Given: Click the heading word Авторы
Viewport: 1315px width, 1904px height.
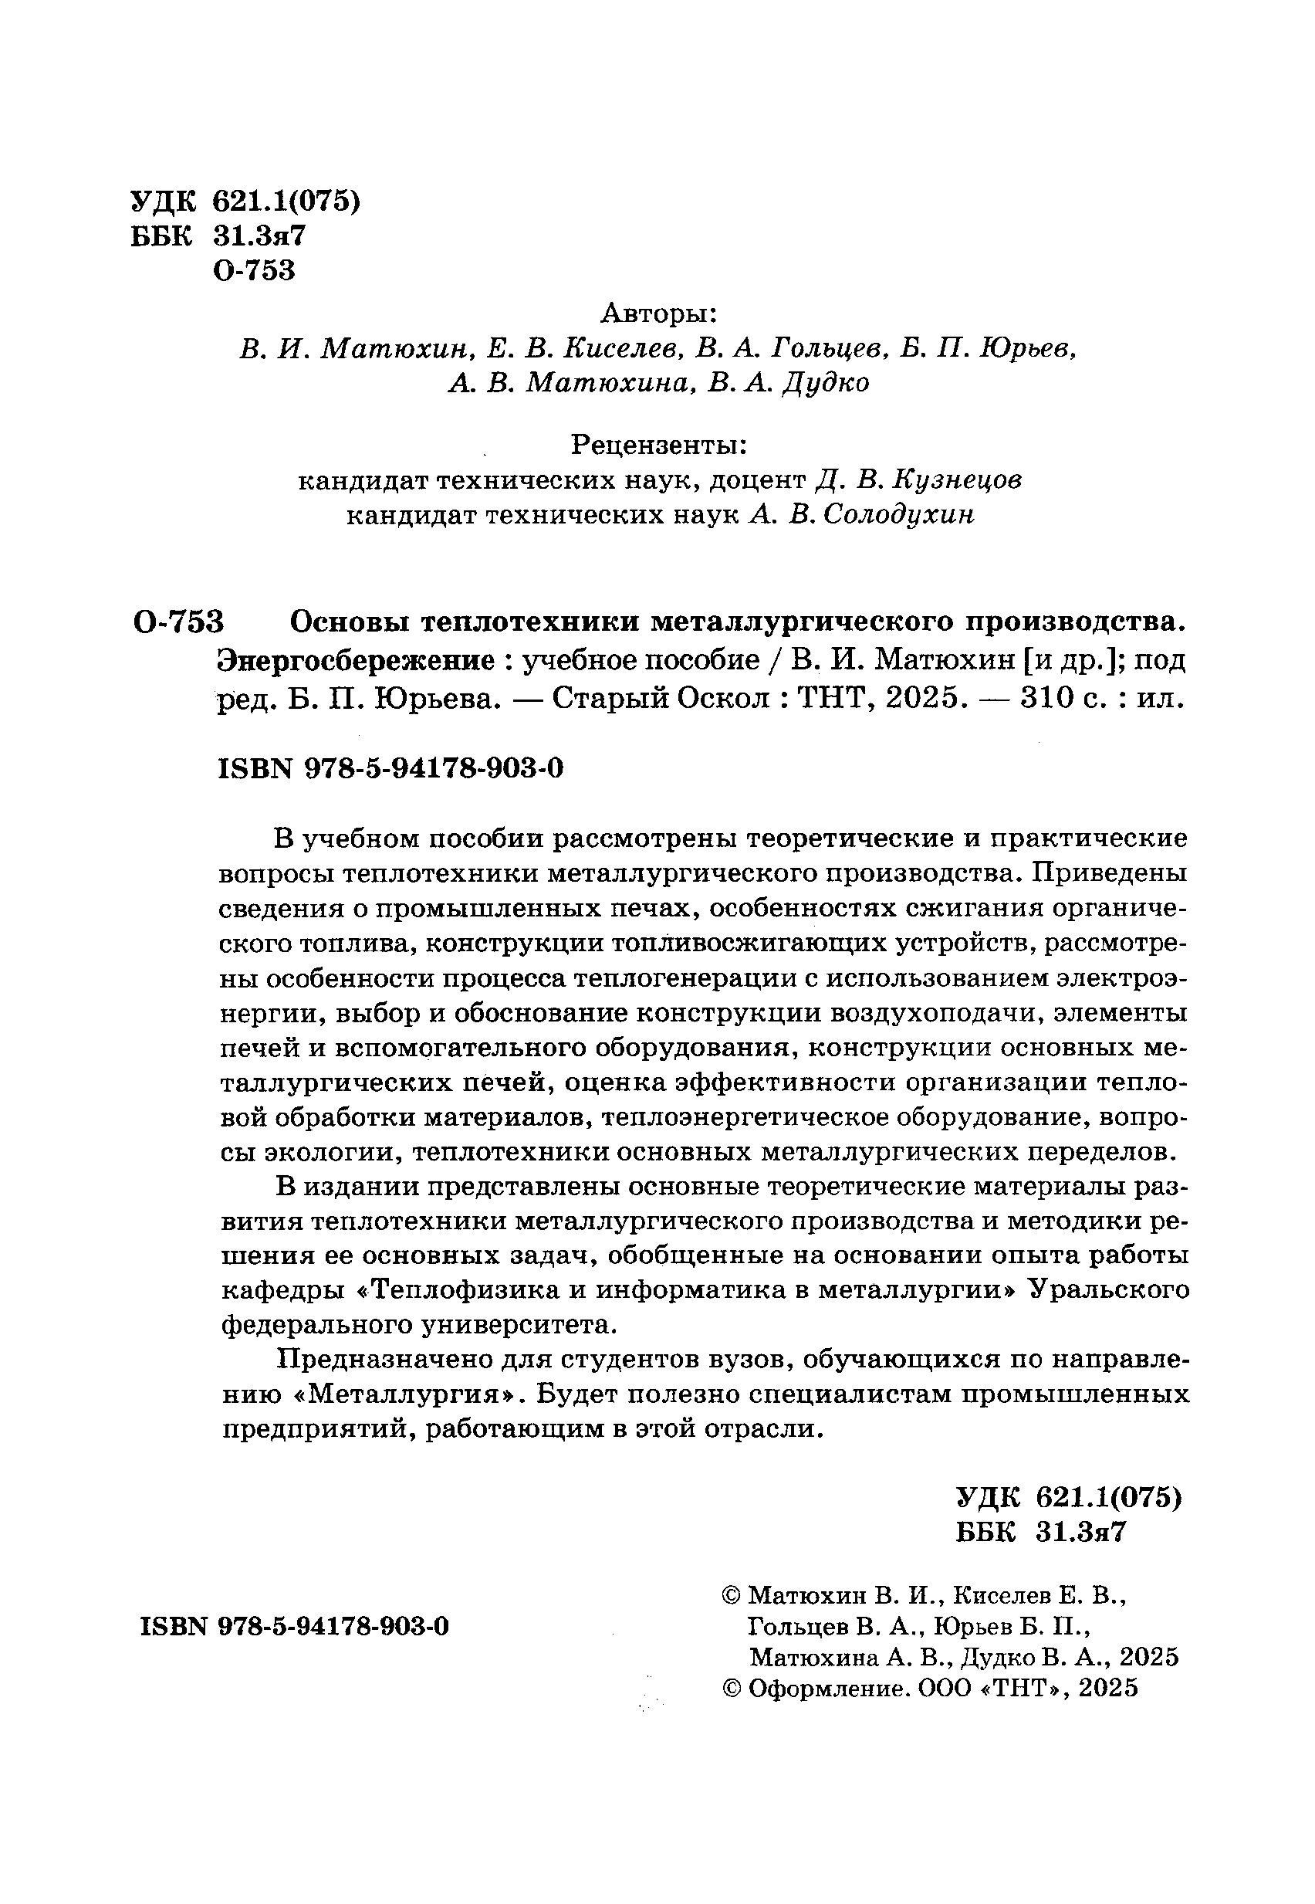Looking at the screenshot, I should pos(658,313).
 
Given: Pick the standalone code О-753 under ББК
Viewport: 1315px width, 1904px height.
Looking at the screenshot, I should pos(253,271).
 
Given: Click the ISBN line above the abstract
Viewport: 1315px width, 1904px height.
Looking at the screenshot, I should pos(390,769).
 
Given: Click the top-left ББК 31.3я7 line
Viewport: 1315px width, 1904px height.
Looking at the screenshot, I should pos(218,236).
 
